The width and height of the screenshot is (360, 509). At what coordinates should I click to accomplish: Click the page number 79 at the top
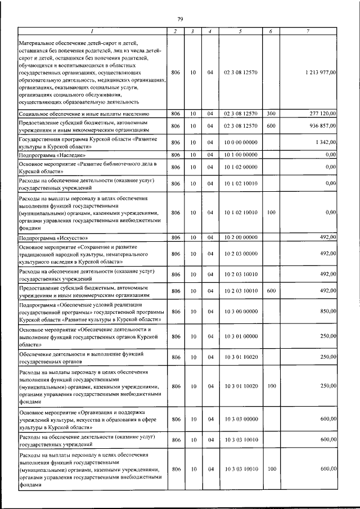coord(180,19)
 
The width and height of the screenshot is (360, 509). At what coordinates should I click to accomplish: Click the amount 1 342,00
coord(325,142)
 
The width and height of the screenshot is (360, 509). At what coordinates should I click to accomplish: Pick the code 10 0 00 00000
coord(240,142)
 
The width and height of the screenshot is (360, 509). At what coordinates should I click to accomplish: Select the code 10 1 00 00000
coord(240,154)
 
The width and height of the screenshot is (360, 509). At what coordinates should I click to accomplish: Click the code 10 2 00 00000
coord(240,238)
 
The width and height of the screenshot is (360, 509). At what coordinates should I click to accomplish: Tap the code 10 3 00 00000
coord(240,311)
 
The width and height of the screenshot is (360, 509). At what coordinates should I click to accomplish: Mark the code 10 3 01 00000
coord(240,336)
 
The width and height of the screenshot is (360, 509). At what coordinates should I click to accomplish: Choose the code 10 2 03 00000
coord(240,254)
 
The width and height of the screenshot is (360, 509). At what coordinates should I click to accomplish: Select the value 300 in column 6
coord(271,113)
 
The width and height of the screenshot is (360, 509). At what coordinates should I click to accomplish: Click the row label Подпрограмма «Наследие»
coord(52,154)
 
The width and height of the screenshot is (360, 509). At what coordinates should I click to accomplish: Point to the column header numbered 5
coord(240,31)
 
